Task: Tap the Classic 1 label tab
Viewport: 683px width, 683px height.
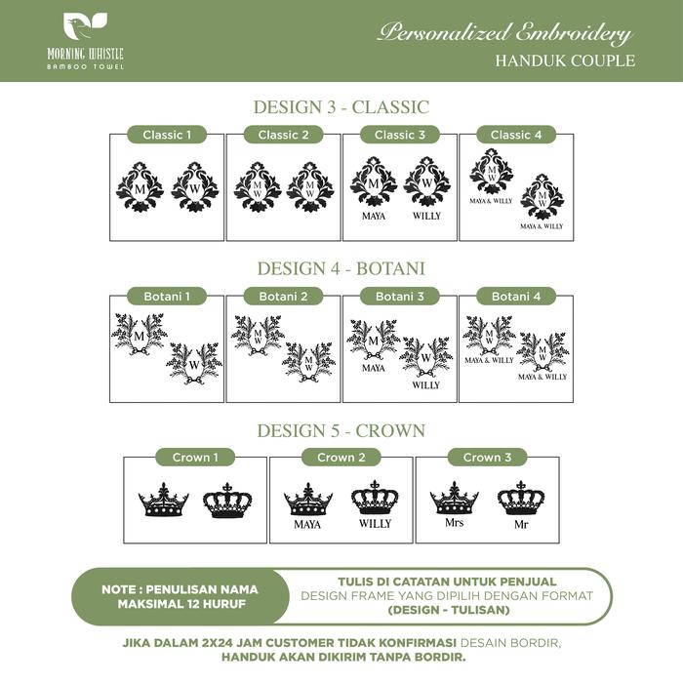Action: (x=168, y=135)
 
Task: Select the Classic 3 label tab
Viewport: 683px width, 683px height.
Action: (x=400, y=135)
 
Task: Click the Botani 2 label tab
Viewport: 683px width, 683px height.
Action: (x=284, y=296)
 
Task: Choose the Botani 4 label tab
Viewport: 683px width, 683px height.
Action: (x=516, y=296)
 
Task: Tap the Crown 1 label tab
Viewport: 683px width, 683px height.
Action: (x=195, y=457)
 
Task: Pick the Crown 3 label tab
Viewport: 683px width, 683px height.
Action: (x=487, y=457)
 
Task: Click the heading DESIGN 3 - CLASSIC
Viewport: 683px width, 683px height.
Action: (x=341, y=107)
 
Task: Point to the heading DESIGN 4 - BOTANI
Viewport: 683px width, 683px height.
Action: (x=341, y=267)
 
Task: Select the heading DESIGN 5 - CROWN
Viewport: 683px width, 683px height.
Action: (x=341, y=429)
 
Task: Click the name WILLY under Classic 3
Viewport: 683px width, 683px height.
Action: (x=426, y=216)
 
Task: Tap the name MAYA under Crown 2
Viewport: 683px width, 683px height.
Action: (x=307, y=524)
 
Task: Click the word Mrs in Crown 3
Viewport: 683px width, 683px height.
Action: (x=454, y=522)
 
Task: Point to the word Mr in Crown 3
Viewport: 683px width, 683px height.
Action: (x=521, y=524)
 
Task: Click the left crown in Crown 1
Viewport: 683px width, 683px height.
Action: (x=163, y=502)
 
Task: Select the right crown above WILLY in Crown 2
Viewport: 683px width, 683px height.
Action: (x=375, y=499)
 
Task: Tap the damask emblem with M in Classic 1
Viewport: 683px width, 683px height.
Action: (x=141, y=186)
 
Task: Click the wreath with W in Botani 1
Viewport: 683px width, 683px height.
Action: (x=194, y=362)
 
